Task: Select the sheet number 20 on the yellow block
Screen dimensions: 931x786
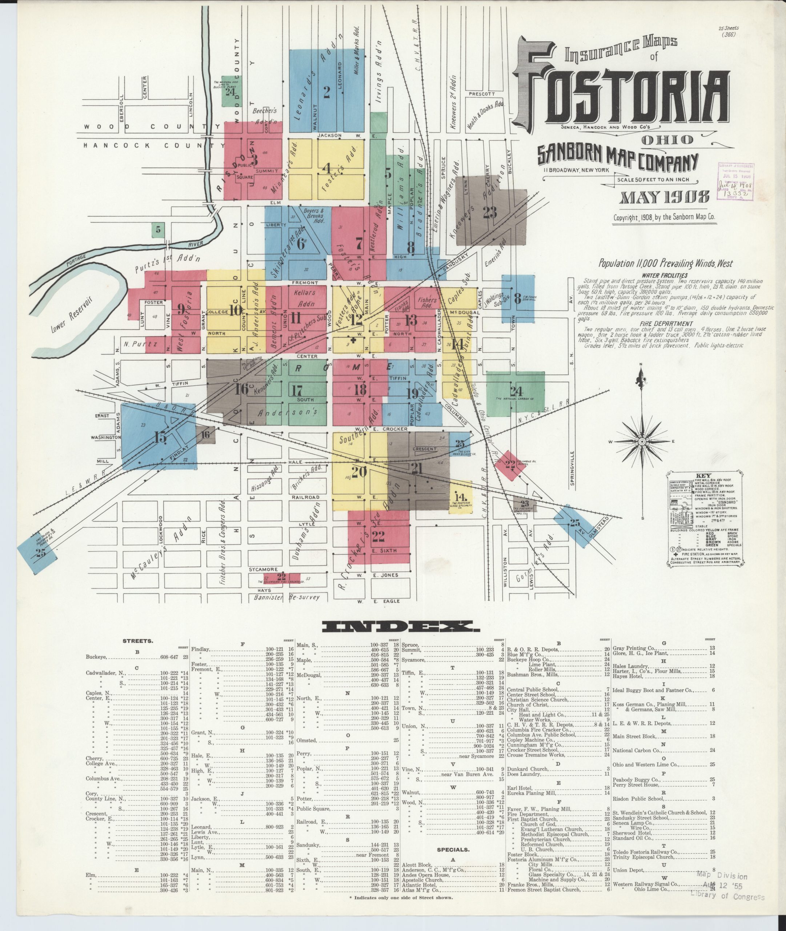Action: click(359, 471)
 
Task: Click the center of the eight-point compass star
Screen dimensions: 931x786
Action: click(642, 441)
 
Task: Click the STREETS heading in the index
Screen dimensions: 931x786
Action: click(138, 641)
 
